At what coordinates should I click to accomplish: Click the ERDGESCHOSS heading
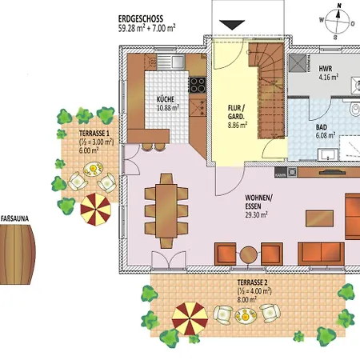[x=141, y=19]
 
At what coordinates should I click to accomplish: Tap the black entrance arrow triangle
[x=232, y=25]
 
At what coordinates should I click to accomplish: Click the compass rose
[x=338, y=22]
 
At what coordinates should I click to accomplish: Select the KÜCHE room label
[x=166, y=99]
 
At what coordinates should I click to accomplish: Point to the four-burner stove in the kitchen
[x=198, y=85]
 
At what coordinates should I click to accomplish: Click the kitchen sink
[x=171, y=62]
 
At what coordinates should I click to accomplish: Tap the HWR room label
[x=326, y=69]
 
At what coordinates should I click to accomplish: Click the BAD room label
[x=322, y=127]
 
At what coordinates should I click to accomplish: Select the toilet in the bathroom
[x=355, y=110]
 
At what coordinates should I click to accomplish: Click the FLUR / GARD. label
[x=236, y=112]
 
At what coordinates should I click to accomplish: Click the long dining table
[x=166, y=210]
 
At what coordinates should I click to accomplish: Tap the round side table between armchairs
[x=249, y=254]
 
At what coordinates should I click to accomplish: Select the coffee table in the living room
[x=319, y=218]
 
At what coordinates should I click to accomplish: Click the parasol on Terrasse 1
[x=95, y=210]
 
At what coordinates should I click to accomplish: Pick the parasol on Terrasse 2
[x=190, y=318]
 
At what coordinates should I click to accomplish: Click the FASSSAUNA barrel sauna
[x=18, y=254]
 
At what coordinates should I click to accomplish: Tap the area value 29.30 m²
[x=256, y=214]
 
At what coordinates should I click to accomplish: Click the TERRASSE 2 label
[x=252, y=282]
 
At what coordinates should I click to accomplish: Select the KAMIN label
[x=281, y=175]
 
